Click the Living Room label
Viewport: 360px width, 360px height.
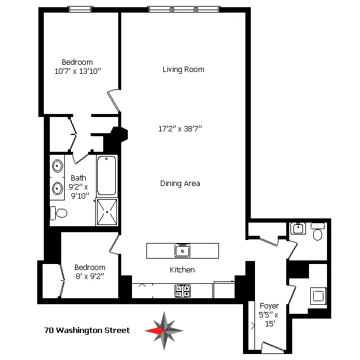click(183, 70)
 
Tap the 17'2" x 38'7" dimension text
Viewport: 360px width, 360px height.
click(180, 128)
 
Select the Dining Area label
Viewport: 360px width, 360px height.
click(180, 184)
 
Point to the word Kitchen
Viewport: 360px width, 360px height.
click(182, 270)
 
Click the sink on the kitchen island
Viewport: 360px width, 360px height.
click(182, 250)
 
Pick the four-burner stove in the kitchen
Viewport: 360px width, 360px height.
click(182, 291)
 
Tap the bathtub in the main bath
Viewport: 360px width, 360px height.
click(107, 175)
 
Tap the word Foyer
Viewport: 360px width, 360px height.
click(269, 306)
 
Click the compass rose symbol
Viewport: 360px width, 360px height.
click(164, 331)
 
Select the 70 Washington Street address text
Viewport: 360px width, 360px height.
click(87, 331)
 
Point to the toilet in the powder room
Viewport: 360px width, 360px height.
click(318, 232)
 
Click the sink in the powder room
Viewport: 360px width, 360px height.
click(298, 229)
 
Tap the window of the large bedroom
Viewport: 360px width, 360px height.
click(80, 9)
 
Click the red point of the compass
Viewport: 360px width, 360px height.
click(152, 331)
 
